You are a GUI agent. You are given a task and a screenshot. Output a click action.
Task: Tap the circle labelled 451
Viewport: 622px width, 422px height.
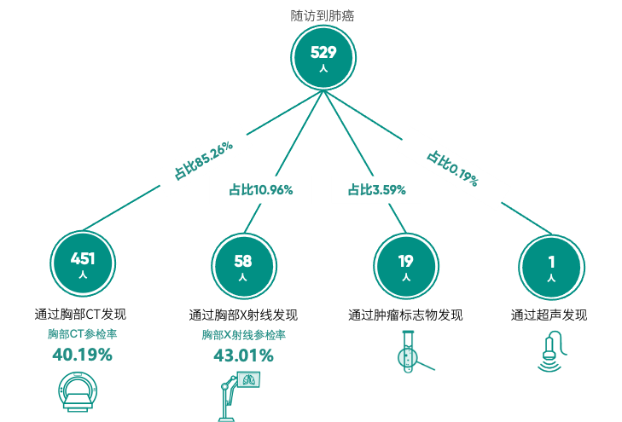83,263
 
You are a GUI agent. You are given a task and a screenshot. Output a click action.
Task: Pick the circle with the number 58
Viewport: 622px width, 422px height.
243,265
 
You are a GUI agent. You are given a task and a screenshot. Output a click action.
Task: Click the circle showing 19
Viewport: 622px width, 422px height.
405,265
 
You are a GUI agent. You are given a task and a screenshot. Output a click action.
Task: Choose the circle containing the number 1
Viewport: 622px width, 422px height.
552,265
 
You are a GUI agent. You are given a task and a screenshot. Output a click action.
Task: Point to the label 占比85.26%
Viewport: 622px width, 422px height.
203,159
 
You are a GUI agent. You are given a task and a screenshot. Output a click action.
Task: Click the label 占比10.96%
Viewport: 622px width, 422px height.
260,190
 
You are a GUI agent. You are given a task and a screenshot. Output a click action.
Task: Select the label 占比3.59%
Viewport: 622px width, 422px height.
376,190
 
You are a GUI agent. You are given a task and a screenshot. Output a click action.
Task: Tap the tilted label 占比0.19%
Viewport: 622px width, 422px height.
452,168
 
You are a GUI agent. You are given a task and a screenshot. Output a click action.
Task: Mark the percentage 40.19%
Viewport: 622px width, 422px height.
82,355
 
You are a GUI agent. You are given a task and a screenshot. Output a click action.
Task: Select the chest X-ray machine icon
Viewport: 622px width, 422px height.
239,396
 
